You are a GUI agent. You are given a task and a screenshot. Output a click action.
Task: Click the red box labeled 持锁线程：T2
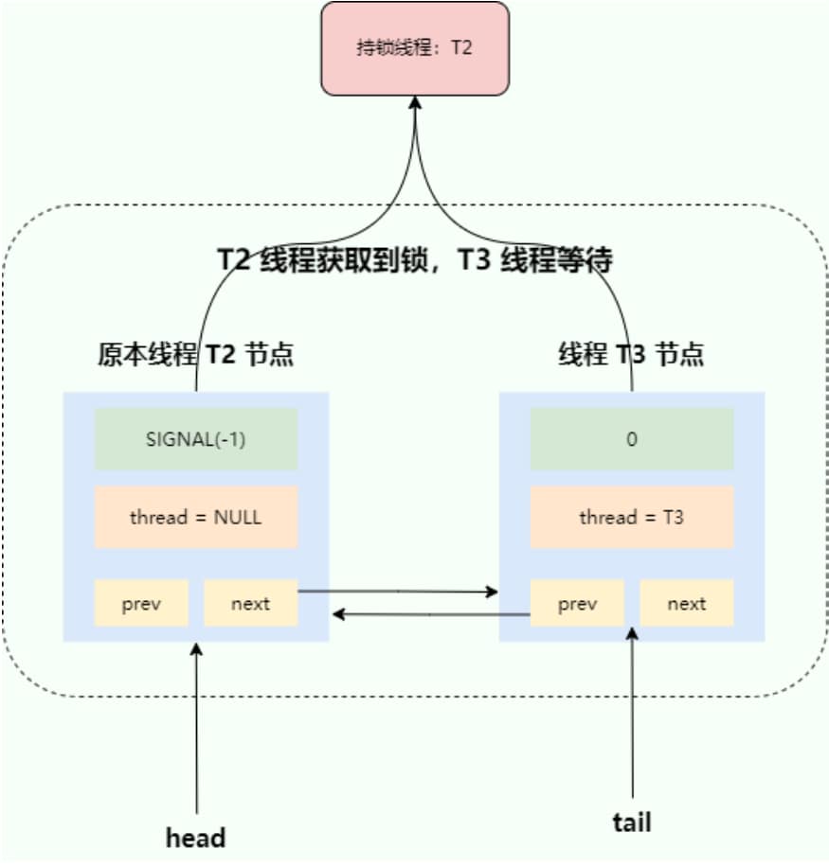[415, 48]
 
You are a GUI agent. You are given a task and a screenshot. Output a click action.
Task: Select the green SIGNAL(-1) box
[196, 439]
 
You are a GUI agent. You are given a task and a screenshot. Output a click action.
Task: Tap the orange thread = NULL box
[196, 518]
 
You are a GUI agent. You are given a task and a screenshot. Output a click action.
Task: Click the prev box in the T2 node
[141, 604]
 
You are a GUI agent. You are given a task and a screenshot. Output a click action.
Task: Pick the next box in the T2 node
[250, 604]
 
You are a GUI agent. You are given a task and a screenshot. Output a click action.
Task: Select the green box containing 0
[632, 439]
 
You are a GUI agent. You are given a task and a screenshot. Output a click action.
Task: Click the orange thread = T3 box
[632, 518]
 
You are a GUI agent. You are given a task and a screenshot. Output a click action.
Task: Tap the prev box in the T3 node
[577, 604]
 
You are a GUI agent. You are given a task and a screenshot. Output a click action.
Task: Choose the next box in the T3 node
[686, 604]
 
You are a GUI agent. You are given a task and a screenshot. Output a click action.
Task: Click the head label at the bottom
[196, 838]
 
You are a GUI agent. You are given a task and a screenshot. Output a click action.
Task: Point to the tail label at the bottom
[632, 822]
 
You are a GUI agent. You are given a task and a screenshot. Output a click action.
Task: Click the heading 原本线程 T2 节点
[196, 355]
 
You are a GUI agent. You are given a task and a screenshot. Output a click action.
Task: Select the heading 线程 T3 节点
[632, 355]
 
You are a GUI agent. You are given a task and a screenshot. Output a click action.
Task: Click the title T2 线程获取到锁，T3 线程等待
[415, 260]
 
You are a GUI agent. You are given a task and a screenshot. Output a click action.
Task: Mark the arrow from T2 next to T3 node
[398, 592]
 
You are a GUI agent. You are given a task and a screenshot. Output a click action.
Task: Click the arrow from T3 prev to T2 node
[431, 615]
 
